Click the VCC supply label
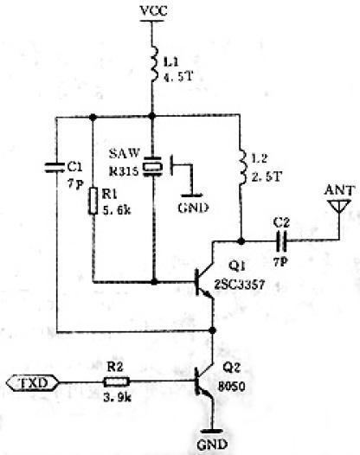(x=153, y=11)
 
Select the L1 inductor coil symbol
(x=154, y=64)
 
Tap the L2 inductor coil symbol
(x=242, y=167)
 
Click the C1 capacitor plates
(x=55, y=168)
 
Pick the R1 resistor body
(x=93, y=201)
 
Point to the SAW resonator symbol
(x=151, y=166)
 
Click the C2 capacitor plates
(x=281, y=240)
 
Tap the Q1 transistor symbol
(x=205, y=282)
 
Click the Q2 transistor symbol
(x=205, y=381)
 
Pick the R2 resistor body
(x=117, y=381)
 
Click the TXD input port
(x=32, y=382)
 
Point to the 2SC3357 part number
(x=240, y=285)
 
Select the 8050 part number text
(x=231, y=386)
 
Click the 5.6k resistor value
(x=117, y=210)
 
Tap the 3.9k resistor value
(x=118, y=398)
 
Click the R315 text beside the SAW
(x=124, y=171)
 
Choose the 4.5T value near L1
(x=178, y=77)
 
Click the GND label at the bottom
(x=212, y=445)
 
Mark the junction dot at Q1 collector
(x=241, y=240)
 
